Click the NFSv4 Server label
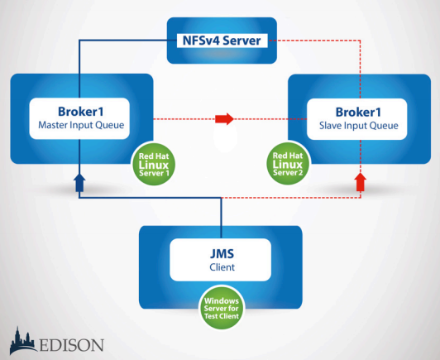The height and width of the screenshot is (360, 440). [222, 41]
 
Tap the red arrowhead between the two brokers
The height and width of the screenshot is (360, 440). [224, 119]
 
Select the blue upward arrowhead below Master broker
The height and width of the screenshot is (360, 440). [79, 183]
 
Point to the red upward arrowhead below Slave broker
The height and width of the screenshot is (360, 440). [361, 182]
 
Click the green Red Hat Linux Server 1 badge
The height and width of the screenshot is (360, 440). [154, 164]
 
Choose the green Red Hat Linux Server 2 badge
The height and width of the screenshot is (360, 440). [288, 164]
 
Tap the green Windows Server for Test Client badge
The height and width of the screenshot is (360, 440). [222, 308]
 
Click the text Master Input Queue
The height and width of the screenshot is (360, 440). [81, 125]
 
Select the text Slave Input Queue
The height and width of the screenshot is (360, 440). [359, 126]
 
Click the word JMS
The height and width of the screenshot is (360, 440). [222, 253]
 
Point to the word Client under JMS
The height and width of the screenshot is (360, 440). [222, 267]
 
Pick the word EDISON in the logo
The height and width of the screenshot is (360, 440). [72, 345]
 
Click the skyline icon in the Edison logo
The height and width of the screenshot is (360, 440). [23, 340]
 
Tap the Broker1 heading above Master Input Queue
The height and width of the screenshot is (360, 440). [81, 112]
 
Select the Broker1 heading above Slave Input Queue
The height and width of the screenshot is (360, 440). [358, 112]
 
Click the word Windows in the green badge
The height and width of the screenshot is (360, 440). [222, 300]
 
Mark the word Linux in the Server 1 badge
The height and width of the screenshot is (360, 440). [154, 165]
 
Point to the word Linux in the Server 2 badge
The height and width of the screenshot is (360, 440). [288, 164]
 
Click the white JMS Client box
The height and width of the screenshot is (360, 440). [221, 260]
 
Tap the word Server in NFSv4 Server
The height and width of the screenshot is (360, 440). [242, 41]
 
